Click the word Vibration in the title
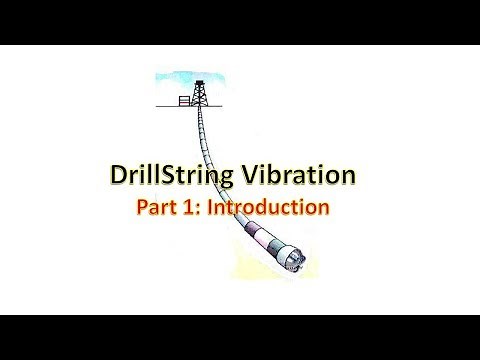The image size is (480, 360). pyautogui.click(x=299, y=177)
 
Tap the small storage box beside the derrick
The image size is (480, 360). pyautogui.click(x=184, y=100)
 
